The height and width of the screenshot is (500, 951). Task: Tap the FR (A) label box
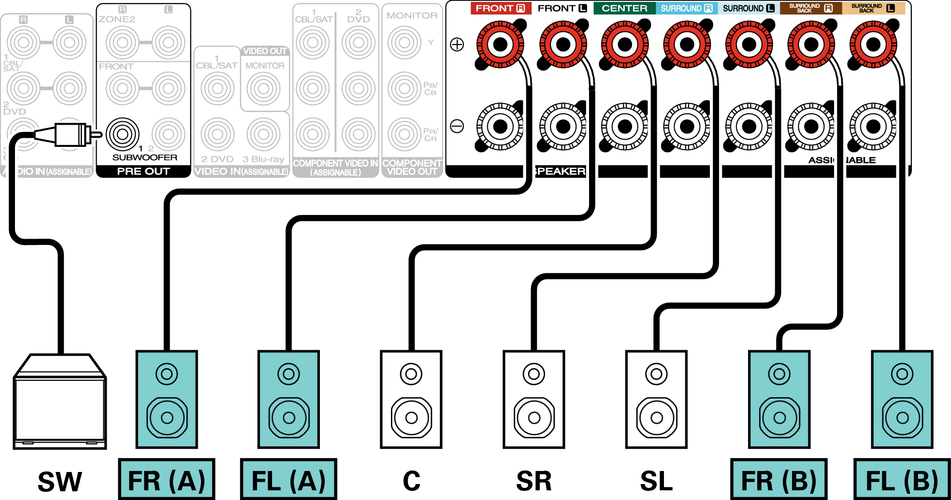point(167,480)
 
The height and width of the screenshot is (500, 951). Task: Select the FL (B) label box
point(902,480)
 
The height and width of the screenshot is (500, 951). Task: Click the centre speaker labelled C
point(411,400)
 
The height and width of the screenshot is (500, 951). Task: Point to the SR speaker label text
point(533,481)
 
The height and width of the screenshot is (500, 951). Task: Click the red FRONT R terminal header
point(500,8)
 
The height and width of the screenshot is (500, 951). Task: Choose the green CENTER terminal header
point(624,8)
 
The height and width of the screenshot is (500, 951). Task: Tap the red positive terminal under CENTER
point(625,45)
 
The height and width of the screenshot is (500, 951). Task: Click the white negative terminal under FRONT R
point(500,127)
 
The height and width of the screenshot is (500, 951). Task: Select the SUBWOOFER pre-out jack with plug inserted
point(123,134)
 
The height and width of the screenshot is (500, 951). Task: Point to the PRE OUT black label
point(144,171)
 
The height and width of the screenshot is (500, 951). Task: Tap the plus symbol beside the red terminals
point(457,45)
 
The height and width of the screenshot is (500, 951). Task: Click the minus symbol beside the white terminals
point(457,127)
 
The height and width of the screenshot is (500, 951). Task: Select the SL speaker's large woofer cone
point(656,417)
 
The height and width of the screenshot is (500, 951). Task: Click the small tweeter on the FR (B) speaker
point(779,374)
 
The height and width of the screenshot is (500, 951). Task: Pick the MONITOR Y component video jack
point(404,43)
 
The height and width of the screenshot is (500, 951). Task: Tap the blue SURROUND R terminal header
point(687,8)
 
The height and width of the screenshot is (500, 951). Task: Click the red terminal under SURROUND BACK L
point(873,45)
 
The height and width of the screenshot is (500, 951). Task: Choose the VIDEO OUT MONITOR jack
point(264,88)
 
